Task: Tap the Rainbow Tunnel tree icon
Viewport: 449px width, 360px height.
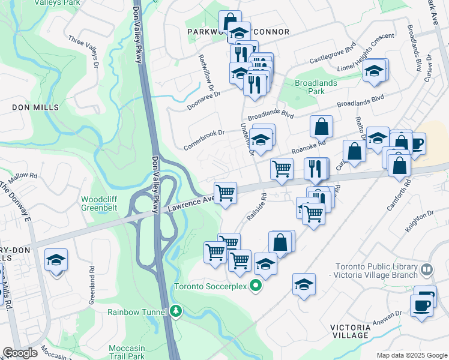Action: point(175,311)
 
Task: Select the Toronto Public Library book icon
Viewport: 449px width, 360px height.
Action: point(426,271)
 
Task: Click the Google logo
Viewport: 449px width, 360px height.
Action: point(19,353)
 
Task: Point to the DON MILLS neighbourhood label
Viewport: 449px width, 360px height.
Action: point(35,107)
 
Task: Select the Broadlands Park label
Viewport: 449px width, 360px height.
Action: point(318,87)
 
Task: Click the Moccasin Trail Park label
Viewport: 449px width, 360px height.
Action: point(127,352)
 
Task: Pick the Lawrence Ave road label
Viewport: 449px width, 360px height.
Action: point(190,203)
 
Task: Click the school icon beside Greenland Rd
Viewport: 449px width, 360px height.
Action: point(56,260)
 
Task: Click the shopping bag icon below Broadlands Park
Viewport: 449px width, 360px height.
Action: point(322,127)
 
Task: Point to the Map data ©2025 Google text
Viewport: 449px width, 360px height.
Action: point(412,355)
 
